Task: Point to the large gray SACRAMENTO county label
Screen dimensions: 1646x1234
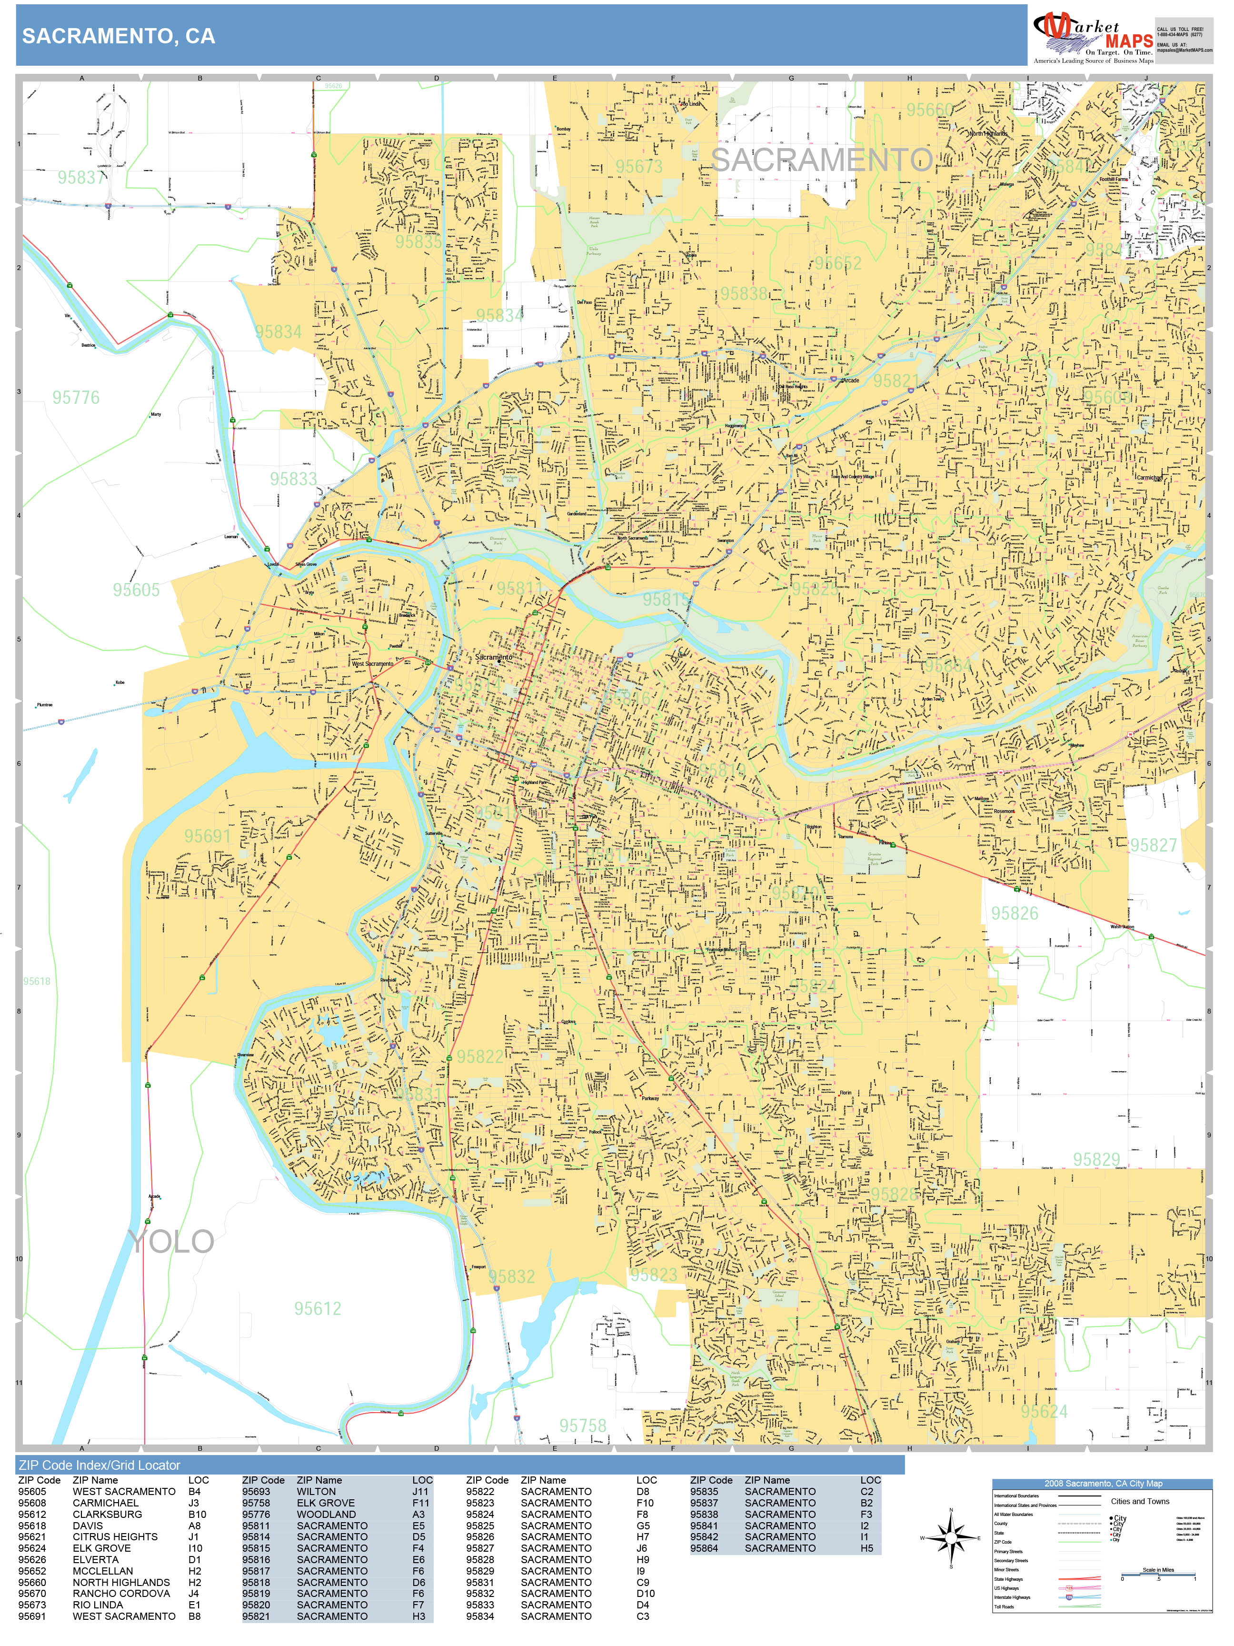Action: click(821, 160)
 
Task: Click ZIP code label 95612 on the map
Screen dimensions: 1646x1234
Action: click(318, 1309)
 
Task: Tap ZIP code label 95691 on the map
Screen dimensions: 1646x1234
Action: click(208, 836)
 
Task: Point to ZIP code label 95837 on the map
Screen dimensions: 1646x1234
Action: click(82, 178)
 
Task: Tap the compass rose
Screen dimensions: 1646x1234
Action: click(951, 1537)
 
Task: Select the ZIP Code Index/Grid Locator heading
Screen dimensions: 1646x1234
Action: click(99, 1465)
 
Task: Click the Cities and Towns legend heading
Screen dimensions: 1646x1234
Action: click(1140, 1501)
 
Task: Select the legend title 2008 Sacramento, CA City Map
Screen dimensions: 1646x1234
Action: click(1102, 1484)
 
